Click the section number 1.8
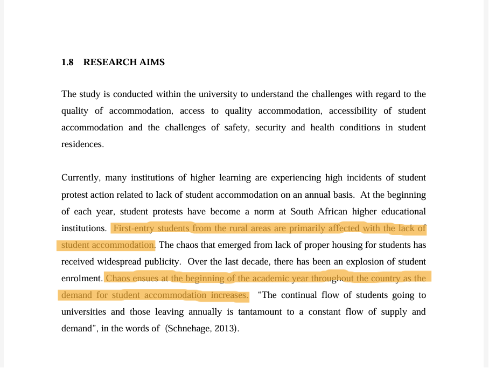tap(67, 63)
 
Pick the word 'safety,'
tap(236, 128)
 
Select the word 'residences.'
tap(82, 144)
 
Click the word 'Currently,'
tap(81, 178)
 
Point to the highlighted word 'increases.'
tap(229, 295)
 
